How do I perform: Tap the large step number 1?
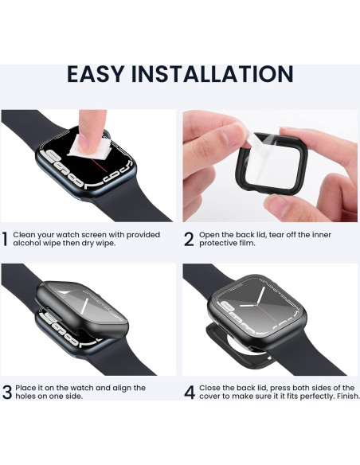(x=6, y=240)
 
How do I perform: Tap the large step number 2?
(x=189, y=240)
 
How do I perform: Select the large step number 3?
(x=6, y=393)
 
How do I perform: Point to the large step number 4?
(x=189, y=393)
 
